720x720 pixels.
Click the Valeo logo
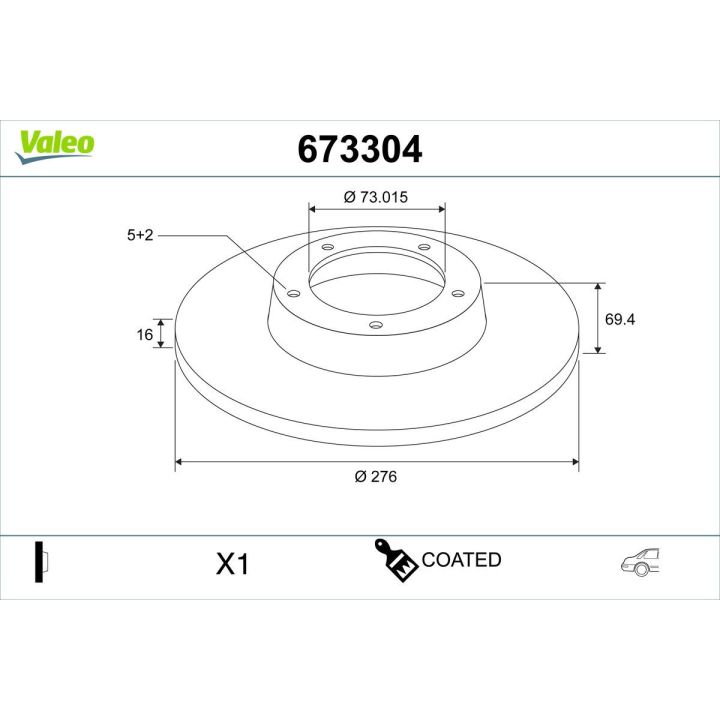(x=55, y=143)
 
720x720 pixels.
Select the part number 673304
(x=360, y=149)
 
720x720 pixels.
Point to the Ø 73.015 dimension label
(x=376, y=197)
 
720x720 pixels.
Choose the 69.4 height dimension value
(x=621, y=319)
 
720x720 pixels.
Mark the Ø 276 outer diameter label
(x=376, y=477)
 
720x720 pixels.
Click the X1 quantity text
(x=232, y=565)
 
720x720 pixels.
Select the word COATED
(x=461, y=560)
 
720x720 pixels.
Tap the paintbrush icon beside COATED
(x=395, y=560)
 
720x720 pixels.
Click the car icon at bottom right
(x=642, y=563)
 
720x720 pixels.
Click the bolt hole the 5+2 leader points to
(x=293, y=293)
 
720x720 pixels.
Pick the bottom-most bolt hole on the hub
(x=376, y=324)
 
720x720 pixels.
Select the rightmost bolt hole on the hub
(x=458, y=293)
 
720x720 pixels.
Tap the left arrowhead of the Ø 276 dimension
(x=180, y=462)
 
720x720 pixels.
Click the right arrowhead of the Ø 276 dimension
(x=574, y=462)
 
